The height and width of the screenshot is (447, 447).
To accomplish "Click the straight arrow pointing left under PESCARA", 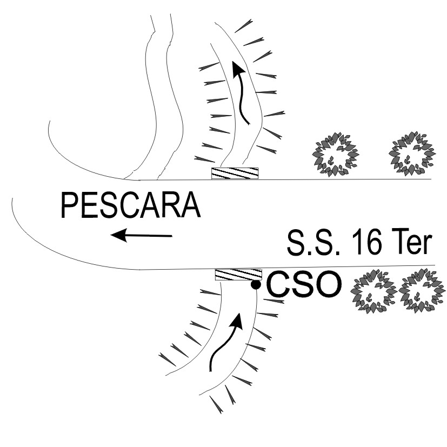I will tap(141, 235).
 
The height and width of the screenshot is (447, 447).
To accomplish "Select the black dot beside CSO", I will tap(256, 285).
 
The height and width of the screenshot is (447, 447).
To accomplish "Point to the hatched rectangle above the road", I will tap(235, 173).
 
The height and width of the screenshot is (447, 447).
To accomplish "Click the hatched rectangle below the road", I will tap(238, 274).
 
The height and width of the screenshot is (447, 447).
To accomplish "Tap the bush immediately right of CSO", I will tap(373, 292).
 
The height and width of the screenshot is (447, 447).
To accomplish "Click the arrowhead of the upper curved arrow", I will tap(236, 67).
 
